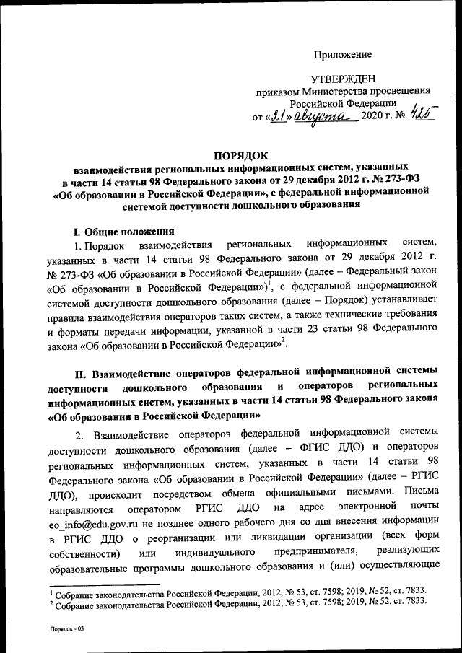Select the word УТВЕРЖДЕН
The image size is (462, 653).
click(343, 79)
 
